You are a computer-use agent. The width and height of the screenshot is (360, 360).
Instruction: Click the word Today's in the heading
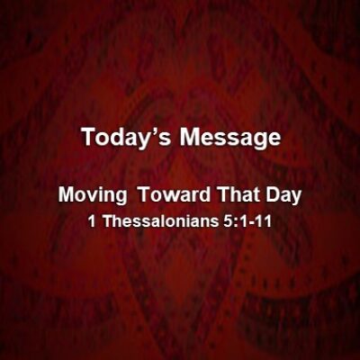click(126, 138)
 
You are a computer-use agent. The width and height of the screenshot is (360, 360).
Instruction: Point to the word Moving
click(93, 196)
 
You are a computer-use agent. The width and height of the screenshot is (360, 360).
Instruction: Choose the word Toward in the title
click(175, 195)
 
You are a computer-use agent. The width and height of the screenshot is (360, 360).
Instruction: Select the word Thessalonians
click(160, 221)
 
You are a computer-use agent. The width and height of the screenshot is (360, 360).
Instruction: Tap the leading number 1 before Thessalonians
click(93, 221)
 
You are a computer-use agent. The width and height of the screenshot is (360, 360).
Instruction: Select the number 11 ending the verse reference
click(263, 221)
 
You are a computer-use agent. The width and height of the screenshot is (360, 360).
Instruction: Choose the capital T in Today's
click(88, 138)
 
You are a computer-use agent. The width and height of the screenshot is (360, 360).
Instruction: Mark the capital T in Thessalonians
click(108, 221)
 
